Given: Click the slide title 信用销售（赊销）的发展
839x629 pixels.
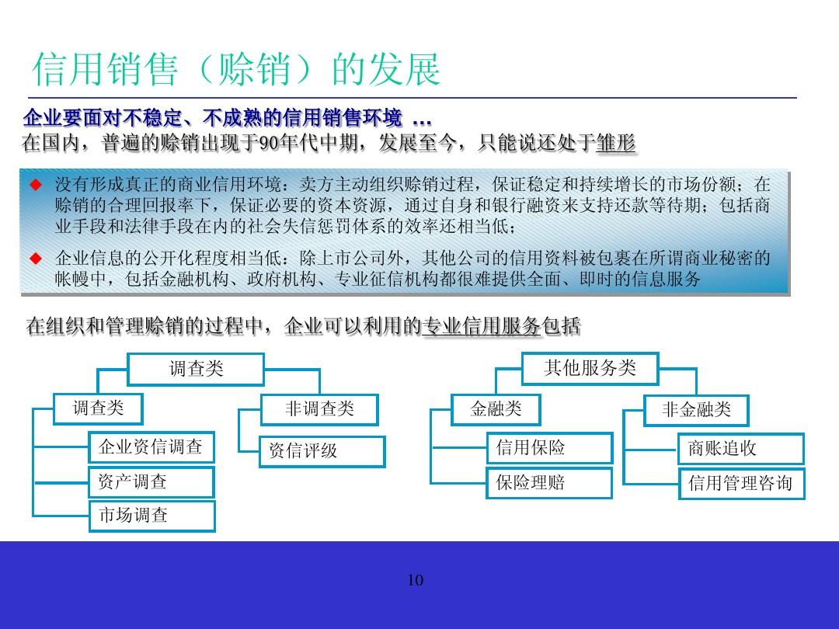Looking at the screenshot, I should tap(236, 70).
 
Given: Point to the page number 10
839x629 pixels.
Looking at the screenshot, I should tap(416, 581).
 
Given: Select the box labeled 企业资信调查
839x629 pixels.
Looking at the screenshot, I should tap(151, 447).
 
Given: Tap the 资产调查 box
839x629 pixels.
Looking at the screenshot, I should tap(151, 482).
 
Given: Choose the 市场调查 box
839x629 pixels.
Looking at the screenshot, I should tap(151, 516).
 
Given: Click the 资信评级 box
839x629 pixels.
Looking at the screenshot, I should tap(322, 451).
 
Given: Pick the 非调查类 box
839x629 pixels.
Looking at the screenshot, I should tap(319, 409).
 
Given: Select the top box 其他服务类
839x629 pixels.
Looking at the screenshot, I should tap(590, 368).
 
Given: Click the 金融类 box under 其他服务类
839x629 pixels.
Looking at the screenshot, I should tap(496, 409).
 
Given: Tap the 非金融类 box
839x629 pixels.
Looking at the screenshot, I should tap(696, 410).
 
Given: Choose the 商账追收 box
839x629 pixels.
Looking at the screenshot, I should tap(740, 449).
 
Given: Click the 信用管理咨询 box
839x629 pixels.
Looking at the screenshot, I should tap(740, 484).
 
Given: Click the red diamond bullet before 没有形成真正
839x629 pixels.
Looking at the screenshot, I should tap(34, 186).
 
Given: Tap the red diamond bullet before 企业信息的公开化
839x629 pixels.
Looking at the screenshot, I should tap(34, 258).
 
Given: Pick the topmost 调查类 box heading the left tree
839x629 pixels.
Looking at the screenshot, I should tap(196, 369).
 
